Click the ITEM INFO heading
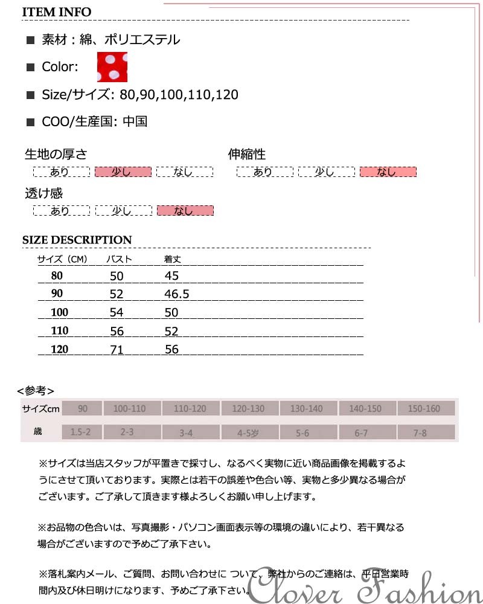[57, 12]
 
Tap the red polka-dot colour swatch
[112, 67]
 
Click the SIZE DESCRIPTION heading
[77, 240]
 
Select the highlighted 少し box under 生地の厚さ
[123, 172]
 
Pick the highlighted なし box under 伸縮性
[388, 172]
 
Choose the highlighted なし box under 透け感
[185, 211]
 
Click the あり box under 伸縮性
[264, 172]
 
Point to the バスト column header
[119, 260]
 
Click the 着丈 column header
[173, 260]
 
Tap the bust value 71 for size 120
[117, 349]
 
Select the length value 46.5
[177, 294]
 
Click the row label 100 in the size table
[60, 312]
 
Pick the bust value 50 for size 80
[117, 276]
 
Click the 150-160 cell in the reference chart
[424, 409]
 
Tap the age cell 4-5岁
[249, 432]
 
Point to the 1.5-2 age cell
[81, 432]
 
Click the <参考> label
[36, 390]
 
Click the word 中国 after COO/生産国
[135, 121]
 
